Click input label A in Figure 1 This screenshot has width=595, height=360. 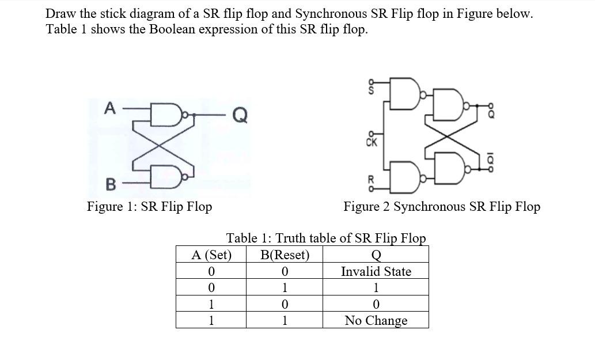tap(108, 107)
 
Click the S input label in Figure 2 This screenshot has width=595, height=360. tap(372, 90)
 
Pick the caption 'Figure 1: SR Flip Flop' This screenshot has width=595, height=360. tap(149, 206)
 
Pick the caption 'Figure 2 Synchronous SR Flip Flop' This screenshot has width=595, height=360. tap(442, 206)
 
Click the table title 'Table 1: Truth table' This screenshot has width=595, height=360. tap(326, 238)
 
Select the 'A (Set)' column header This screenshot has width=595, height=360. tap(211, 255)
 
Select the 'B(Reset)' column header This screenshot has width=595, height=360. tap(285, 255)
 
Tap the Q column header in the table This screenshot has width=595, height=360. tap(376, 255)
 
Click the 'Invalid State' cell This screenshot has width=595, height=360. tap(376, 271)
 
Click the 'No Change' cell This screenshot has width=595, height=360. tap(376, 320)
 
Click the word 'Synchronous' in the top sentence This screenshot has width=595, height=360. tap(331, 14)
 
